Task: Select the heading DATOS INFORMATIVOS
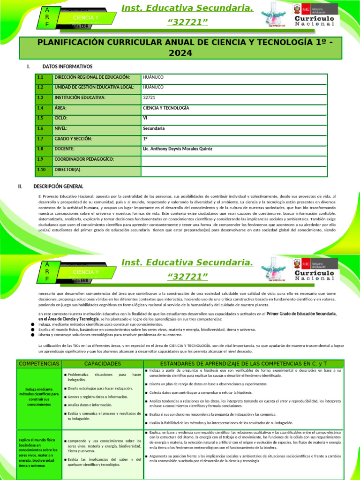67,67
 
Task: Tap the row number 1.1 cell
40,77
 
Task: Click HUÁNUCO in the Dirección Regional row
153,77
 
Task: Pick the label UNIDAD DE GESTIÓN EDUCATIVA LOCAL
94,87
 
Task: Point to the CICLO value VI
145,118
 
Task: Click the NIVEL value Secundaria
154,128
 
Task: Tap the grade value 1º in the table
145,139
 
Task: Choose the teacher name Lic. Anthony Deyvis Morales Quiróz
177,149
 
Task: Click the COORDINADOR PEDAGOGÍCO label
84,159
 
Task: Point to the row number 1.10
41,170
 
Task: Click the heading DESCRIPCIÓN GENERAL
59,187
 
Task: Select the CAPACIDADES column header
102,364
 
